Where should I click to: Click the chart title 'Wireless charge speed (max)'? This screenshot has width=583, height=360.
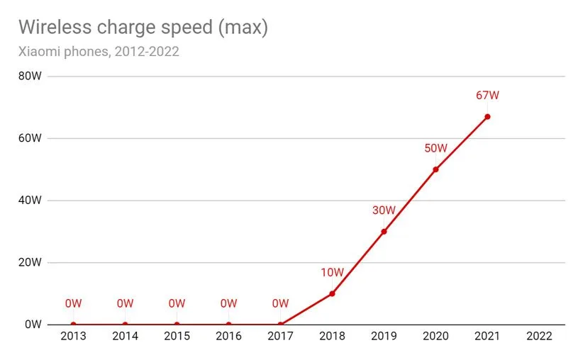click(143, 27)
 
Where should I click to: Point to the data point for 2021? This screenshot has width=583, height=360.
click(487, 116)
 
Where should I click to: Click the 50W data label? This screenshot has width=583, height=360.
click(435, 148)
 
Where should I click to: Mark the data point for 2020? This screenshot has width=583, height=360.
click(435, 169)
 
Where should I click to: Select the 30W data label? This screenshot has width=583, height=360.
click(384, 210)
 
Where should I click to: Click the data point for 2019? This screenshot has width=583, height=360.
click(384, 231)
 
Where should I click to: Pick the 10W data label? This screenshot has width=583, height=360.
click(332, 272)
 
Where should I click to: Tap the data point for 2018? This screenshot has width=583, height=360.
click(332, 293)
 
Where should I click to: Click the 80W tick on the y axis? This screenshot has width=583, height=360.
click(30, 76)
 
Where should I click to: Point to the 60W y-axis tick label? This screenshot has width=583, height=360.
click(30, 138)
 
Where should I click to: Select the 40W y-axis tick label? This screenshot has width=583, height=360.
click(30, 201)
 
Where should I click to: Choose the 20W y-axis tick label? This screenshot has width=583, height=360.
click(30, 262)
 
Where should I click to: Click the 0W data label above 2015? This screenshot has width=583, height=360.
click(177, 303)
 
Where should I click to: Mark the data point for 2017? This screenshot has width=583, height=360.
click(280, 324)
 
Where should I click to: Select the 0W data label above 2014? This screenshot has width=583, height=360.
click(125, 303)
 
